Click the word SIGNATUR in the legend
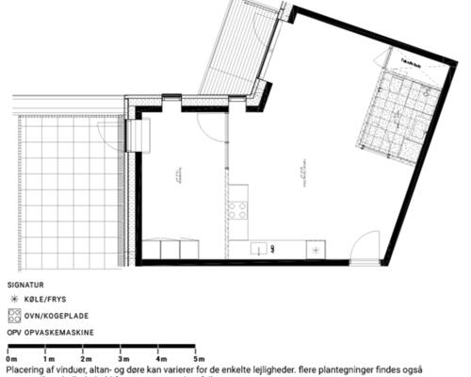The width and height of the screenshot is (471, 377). coord(24,283)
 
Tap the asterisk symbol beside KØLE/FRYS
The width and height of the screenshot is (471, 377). coord(13,297)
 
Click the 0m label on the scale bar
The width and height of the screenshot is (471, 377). coord(11,359)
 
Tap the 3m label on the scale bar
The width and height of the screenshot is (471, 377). coord(122,359)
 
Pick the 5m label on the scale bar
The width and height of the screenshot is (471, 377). coord(199,359)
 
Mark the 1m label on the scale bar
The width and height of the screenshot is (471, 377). coord(48,359)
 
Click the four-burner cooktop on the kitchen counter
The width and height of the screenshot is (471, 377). coord(239,208)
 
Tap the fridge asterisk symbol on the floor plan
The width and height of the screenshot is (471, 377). coord(317,249)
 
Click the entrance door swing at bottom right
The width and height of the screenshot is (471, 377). coord(364,248)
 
